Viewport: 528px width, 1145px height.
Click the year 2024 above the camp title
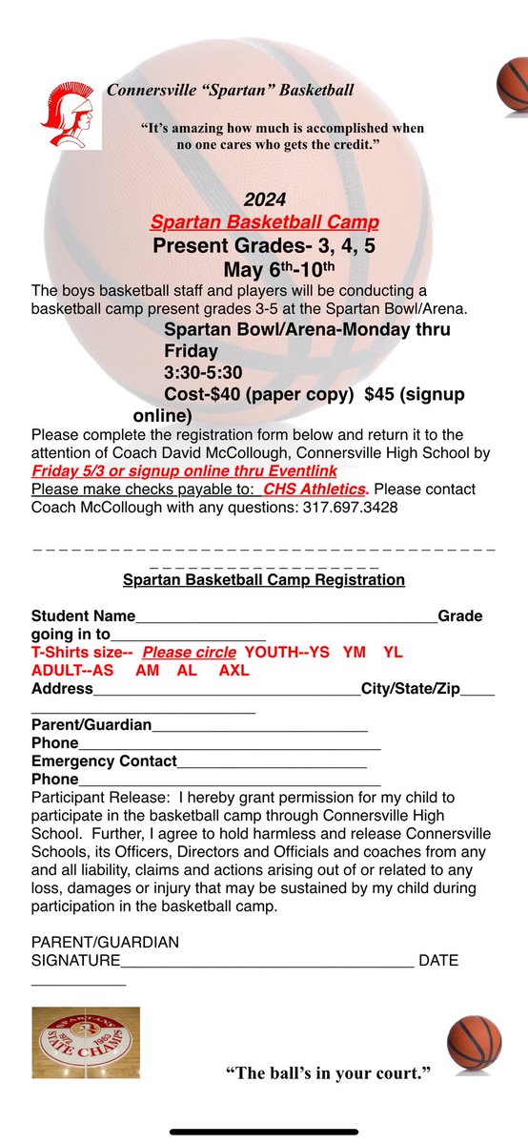tap(264, 200)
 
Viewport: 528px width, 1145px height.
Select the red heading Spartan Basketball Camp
tap(264, 222)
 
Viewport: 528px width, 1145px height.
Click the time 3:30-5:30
tap(204, 372)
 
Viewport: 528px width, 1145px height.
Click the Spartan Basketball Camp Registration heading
tap(264, 580)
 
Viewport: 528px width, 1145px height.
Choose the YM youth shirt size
tap(355, 653)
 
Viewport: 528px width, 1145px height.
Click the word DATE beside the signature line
tap(438, 961)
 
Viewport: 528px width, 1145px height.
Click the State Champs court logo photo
tap(86, 1041)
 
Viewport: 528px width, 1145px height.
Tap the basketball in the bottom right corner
tap(474, 1043)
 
